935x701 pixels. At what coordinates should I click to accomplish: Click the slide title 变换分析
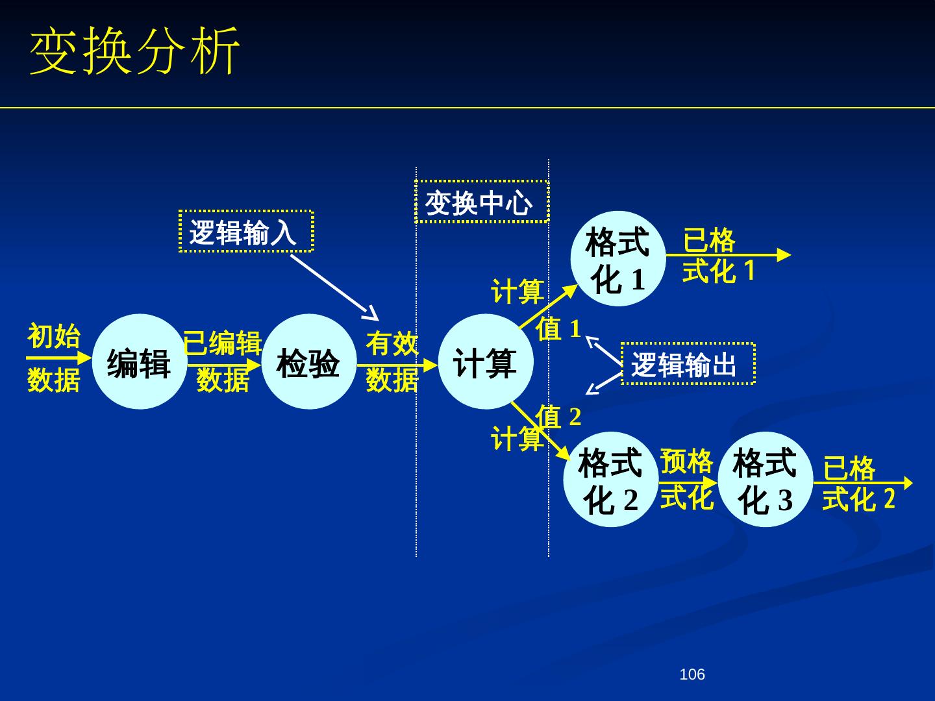pos(134,52)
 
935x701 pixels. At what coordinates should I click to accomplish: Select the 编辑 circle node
pos(140,362)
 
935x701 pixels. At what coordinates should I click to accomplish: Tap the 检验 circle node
pos(308,362)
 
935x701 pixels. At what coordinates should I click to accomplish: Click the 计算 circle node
pos(486,362)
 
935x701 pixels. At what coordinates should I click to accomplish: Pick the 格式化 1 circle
pos(617,259)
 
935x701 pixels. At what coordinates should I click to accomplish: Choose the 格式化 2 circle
pos(610,480)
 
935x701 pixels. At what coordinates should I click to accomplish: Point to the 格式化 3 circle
pos(765,480)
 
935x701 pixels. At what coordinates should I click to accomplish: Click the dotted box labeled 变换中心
pos(482,202)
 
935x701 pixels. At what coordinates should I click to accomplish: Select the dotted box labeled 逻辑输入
pos(246,231)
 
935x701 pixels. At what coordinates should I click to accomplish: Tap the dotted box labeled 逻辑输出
pos(688,363)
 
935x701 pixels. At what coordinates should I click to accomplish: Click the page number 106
pos(692,675)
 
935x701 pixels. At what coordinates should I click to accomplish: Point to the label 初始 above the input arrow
pos(54,337)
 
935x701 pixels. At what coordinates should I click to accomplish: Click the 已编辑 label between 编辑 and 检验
pos(223,343)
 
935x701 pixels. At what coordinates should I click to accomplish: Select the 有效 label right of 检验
pos(392,343)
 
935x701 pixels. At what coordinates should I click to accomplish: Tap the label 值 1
pos(558,328)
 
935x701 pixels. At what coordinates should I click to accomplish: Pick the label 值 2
pos(558,417)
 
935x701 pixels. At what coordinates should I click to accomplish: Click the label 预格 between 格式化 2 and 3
pos(686,462)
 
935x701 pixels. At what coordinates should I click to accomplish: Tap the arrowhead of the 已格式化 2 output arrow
pos(907,483)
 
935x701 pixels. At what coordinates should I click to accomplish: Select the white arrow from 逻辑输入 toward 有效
pos(334,286)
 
